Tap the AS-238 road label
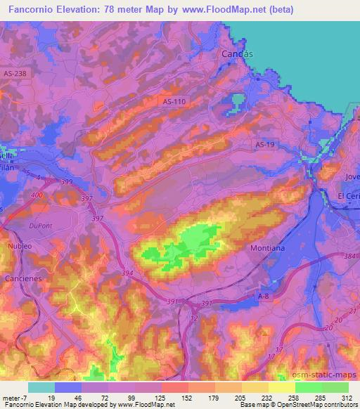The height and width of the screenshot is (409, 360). point(15,73)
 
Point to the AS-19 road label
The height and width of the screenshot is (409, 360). point(264,143)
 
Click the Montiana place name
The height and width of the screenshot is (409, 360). point(267,248)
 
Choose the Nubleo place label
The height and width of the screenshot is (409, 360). point(21,247)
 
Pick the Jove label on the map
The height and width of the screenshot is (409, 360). point(352,176)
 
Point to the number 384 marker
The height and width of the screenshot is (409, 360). point(350,257)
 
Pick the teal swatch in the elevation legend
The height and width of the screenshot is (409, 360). point(41,387)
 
